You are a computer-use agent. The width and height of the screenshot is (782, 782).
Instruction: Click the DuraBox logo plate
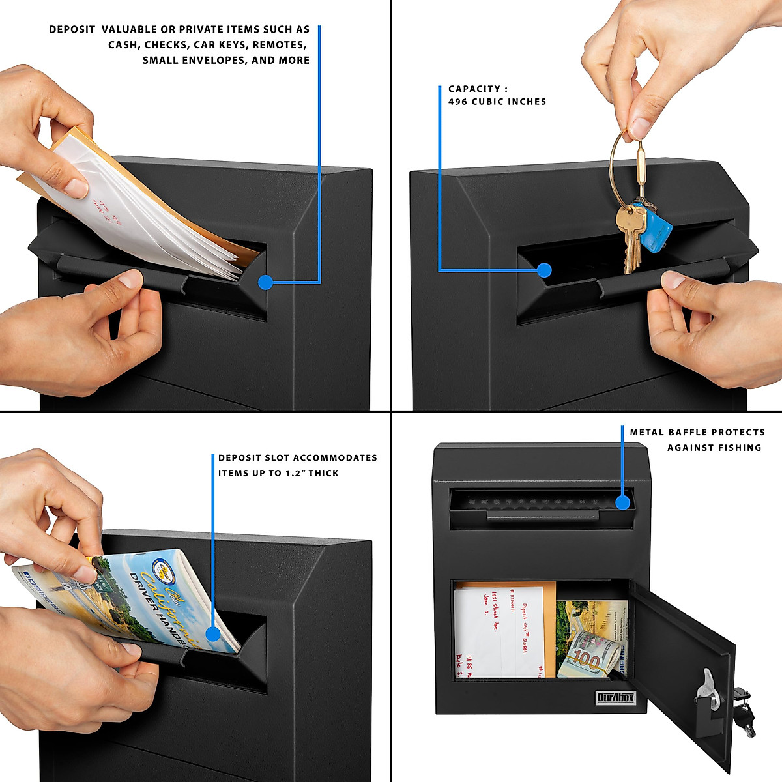pyautogui.click(x=616, y=698)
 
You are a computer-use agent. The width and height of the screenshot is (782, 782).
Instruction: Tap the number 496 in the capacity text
pyautogui.click(x=457, y=102)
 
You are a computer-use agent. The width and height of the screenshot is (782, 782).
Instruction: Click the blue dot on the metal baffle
pyautogui.click(x=622, y=502)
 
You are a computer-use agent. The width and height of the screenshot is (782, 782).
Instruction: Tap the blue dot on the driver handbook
pyautogui.click(x=212, y=633)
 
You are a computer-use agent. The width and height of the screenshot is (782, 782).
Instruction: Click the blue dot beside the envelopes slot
pyautogui.click(x=265, y=282)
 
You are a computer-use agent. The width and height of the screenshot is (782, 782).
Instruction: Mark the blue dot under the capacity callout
pyautogui.click(x=545, y=270)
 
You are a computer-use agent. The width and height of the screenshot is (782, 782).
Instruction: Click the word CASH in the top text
pyautogui.click(x=123, y=45)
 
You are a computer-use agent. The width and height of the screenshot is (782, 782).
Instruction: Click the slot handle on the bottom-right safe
pyautogui.click(x=542, y=515)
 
